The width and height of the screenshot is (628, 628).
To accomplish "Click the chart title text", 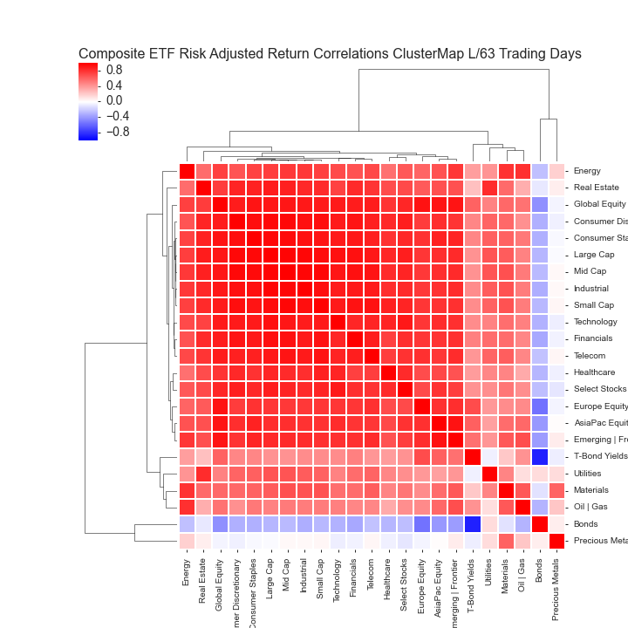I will tap(330, 54).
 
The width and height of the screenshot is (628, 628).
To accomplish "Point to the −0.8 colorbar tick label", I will tap(114, 132).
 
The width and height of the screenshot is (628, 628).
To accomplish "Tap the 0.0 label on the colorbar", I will tap(114, 100).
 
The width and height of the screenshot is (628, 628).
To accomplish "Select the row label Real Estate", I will tap(597, 188).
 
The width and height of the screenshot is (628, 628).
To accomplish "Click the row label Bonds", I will tap(586, 524).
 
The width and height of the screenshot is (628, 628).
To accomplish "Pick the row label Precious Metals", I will tap(600, 541).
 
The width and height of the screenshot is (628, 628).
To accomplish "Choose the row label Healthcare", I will tap(595, 372).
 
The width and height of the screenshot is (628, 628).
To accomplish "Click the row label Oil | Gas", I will tap(590, 507).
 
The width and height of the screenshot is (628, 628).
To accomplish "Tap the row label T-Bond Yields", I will tap(600, 457).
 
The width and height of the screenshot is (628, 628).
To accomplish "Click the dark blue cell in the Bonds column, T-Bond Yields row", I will tap(540, 456).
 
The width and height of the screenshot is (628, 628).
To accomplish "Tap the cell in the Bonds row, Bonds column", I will tap(540, 524).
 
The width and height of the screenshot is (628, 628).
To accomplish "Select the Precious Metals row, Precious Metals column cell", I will tap(556, 541).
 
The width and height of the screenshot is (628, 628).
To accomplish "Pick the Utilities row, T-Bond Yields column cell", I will tap(473, 474).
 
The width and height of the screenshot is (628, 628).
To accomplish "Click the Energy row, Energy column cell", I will tap(187, 171).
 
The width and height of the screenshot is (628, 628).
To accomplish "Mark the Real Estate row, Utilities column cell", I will tap(489, 188).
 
